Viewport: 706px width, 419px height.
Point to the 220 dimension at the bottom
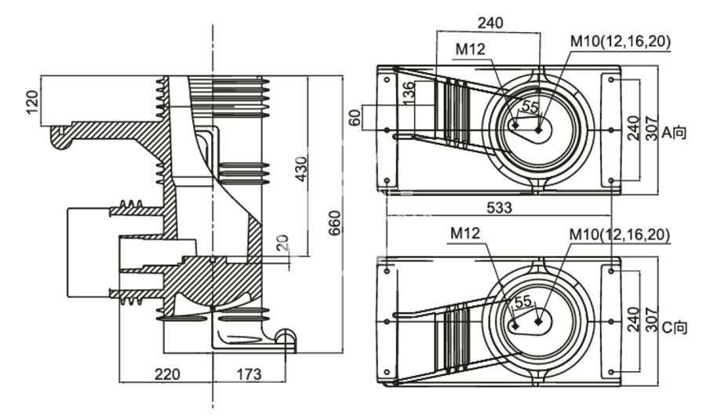point(166,374)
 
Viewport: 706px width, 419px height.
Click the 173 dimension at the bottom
point(249,374)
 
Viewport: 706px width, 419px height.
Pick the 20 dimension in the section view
point(283,244)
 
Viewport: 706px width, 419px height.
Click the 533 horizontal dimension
point(499,208)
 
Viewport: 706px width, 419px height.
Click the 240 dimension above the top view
point(490,23)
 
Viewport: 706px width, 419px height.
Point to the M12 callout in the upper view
point(471,49)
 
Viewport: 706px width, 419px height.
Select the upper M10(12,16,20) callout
point(620,42)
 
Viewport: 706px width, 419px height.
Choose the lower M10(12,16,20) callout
point(620,235)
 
